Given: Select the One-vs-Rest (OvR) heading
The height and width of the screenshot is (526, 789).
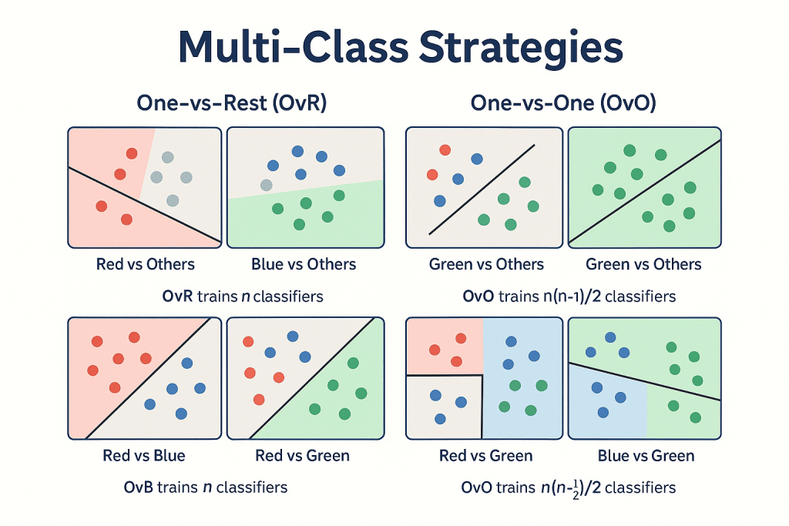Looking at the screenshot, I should point(231,104).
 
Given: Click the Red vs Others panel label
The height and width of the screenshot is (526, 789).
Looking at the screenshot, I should point(145,264).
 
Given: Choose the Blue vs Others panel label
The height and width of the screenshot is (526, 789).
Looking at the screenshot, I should point(304,264).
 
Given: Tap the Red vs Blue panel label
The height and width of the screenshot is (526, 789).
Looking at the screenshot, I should point(144,455).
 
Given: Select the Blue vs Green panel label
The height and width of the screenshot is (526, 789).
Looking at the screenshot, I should point(646,455).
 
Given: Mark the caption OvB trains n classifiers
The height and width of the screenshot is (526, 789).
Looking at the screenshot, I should point(206,487).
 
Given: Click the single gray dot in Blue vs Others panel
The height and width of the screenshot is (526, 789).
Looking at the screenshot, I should point(267,185).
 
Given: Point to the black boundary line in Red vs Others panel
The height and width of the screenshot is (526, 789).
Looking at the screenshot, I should point(154,208).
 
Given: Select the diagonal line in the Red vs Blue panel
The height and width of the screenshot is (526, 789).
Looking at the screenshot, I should point(146,377).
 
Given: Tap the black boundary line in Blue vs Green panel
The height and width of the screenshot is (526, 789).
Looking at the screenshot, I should point(643,381).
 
